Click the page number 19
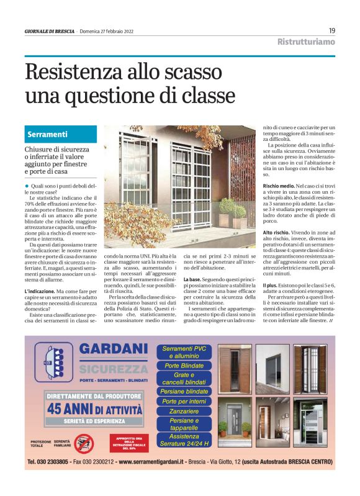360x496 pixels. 332,30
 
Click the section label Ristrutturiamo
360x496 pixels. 305,42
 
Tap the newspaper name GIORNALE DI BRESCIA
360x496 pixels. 50,32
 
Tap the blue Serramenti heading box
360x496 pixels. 60,134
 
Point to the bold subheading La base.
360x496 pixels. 196,280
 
